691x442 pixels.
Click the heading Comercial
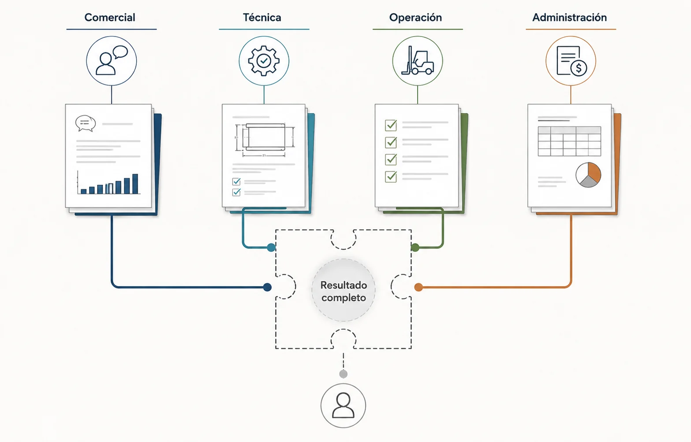(x=110, y=17)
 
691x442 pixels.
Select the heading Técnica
(x=262, y=17)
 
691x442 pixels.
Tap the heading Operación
(x=415, y=18)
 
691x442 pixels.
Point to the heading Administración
(x=569, y=17)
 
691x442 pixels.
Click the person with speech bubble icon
(x=112, y=61)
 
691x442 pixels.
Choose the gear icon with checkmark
(x=264, y=61)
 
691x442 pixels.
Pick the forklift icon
(x=417, y=60)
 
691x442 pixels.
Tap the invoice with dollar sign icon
(x=571, y=61)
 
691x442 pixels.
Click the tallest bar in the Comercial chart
(x=135, y=184)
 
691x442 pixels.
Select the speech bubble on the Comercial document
(x=86, y=123)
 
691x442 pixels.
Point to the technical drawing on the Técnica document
(x=265, y=140)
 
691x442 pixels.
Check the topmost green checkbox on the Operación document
(x=391, y=125)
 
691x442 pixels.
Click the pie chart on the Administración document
(x=588, y=175)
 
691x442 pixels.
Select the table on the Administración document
(x=569, y=141)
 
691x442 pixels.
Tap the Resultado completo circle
(x=344, y=291)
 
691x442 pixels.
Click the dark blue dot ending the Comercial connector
(x=268, y=287)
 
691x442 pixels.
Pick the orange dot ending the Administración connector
(x=418, y=287)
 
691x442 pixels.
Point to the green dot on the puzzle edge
(x=415, y=247)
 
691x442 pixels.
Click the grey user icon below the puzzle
(x=344, y=405)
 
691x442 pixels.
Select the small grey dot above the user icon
(x=344, y=374)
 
